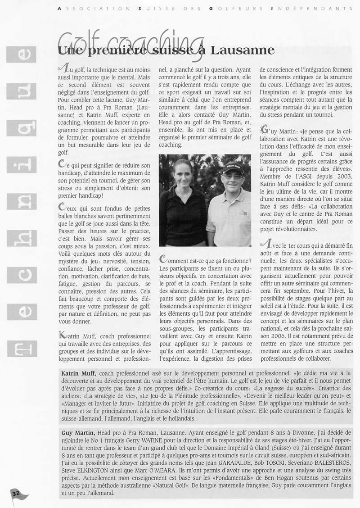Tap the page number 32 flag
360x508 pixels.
click(x=17, y=493)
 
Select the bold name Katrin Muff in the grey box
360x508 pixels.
click(x=78, y=373)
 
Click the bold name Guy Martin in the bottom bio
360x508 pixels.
click(x=77, y=432)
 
